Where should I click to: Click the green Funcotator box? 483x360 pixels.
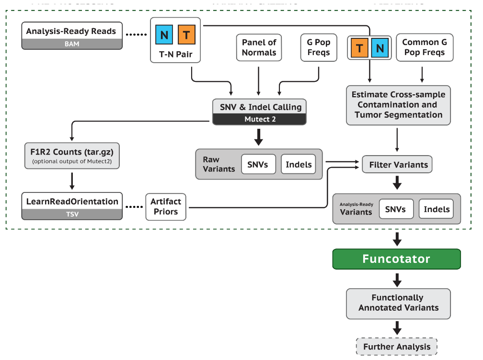(396, 259)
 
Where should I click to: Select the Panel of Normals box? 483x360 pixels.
(259, 47)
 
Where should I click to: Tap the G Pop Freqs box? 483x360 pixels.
(318, 47)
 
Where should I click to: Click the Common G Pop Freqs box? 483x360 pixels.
(424, 47)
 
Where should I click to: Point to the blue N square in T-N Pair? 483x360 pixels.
(164, 35)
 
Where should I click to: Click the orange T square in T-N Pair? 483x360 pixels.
(186, 35)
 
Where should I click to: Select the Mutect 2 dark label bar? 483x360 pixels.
(259, 119)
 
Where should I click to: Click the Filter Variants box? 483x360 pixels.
(398, 165)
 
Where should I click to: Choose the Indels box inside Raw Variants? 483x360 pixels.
(299, 164)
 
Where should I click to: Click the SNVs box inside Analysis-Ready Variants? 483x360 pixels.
(396, 209)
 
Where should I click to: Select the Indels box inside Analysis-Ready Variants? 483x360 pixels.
(437, 209)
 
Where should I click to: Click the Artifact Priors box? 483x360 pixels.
(165, 207)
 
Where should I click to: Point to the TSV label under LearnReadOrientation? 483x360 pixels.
(71, 214)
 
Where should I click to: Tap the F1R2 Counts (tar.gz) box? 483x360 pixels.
(71, 156)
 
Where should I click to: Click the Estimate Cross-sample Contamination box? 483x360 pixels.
(398, 105)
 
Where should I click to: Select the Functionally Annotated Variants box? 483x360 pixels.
(398, 303)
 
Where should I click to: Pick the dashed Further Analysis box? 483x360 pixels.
(397, 347)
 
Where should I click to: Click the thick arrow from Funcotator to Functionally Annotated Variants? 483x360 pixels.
(397, 279)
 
